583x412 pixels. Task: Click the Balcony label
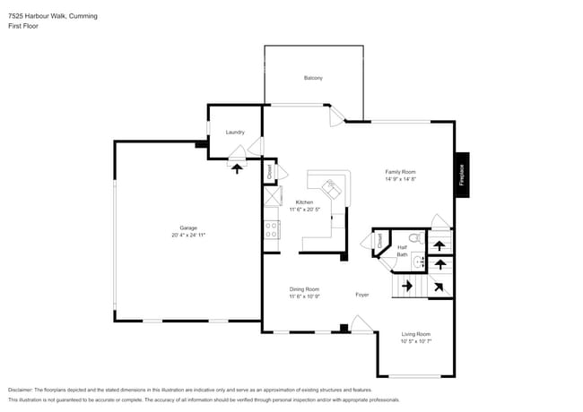click(x=312, y=78)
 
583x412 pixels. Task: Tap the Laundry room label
click(x=235, y=133)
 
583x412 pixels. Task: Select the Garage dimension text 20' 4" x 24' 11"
click(x=188, y=235)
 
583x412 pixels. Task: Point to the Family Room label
click(x=400, y=172)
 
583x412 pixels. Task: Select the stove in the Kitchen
click(x=272, y=229)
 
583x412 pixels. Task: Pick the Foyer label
click(x=361, y=295)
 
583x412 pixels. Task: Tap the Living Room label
click(x=415, y=334)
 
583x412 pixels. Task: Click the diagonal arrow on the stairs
click(x=439, y=287)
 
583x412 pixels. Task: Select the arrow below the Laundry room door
click(x=237, y=167)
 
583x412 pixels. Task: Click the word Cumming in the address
click(x=83, y=16)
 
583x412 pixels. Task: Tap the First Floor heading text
click(x=23, y=26)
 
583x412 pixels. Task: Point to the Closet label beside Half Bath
click(x=379, y=240)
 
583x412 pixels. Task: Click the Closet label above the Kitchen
click(x=268, y=170)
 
